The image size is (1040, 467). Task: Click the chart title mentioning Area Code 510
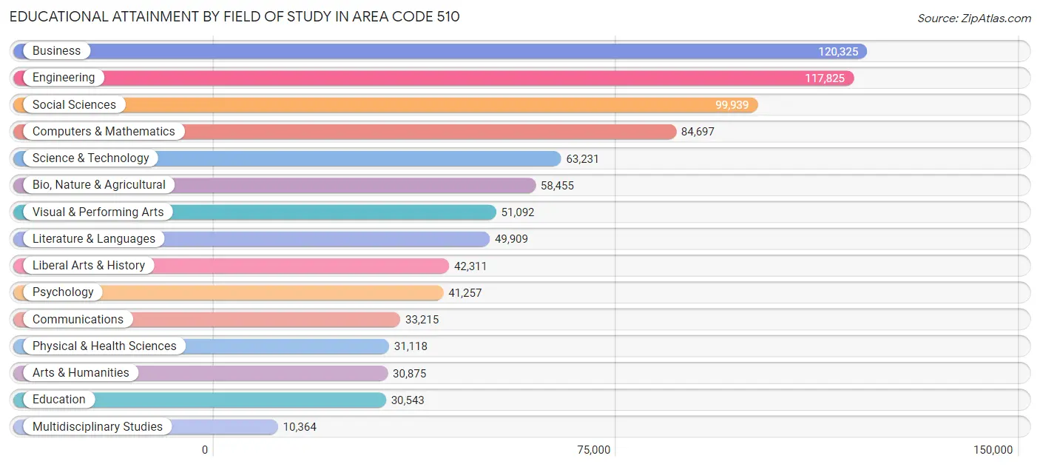[x=234, y=16]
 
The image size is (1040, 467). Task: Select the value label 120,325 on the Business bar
[x=838, y=51]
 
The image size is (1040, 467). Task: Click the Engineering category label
[x=64, y=78]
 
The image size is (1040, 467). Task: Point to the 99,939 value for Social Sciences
[x=732, y=105]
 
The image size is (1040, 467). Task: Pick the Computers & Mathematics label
[x=104, y=132]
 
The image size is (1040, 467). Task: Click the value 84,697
[x=698, y=132]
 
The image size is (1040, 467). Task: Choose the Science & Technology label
[x=90, y=158]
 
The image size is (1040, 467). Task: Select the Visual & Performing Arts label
[x=98, y=212]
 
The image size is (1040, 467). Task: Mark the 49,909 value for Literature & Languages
[x=511, y=239]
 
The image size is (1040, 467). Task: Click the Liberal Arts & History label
[x=89, y=266]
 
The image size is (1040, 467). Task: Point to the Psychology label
[x=63, y=292]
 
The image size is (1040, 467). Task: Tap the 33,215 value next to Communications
[x=422, y=320]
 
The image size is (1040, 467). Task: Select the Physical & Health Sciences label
[x=104, y=346]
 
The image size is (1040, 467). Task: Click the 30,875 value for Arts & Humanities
[x=409, y=374]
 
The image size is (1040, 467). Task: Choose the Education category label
[x=59, y=400]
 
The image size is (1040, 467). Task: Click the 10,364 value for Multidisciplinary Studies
[x=300, y=427]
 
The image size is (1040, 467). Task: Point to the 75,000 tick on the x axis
[x=593, y=450]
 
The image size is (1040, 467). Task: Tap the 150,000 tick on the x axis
[x=993, y=450]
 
